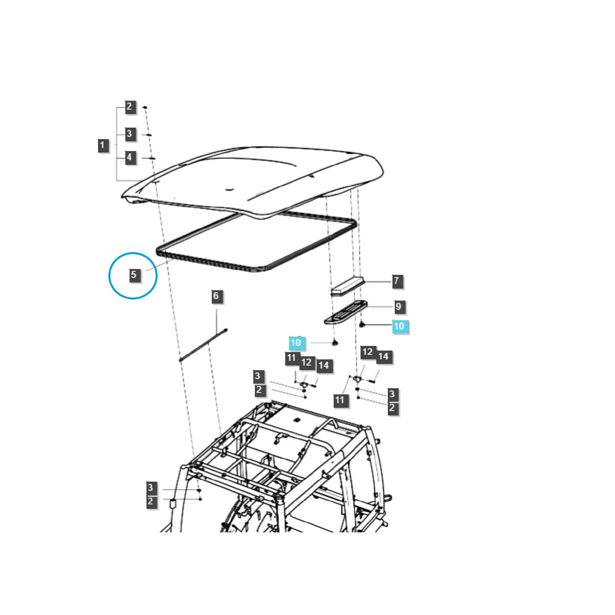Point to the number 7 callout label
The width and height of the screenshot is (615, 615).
pyautogui.click(x=397, y=281)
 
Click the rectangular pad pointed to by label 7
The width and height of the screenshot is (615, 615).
pyautogui.click(x=347, y=285)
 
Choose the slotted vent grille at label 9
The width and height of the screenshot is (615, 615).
pyautogui.click(x=346, y=312)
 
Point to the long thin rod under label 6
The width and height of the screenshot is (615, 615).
pyautogui.click(x=203, y=344)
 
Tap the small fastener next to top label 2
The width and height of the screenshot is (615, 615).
pyautogui.click(x=145, y=107)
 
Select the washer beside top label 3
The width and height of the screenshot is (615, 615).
pyautogui.click(x=148, y=135)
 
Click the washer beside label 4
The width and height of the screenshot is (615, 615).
pyautogui.click(x=151, y=158)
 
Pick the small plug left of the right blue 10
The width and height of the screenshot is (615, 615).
pyautogui.click(x=362, y=325)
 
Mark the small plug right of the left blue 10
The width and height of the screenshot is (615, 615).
pyautogui.click(x=335, y=342)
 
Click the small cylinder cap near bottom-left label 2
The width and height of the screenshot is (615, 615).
pyautogui.click(x=173, y=503)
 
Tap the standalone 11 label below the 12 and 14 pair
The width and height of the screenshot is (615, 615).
pyautogui.click(x=339, y=400)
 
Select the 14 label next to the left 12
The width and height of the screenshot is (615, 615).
pyautogui.click(x=324, y=366)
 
